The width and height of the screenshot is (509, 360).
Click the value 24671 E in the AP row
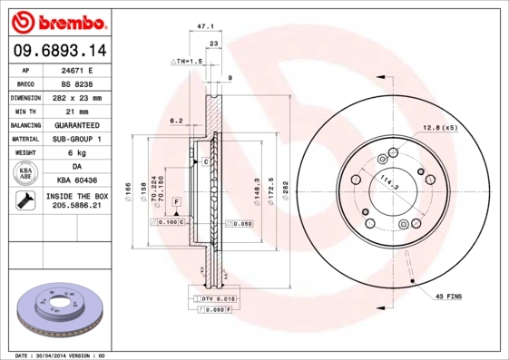click(x=77, y=70)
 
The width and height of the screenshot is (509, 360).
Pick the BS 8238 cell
click(x=77, y=83)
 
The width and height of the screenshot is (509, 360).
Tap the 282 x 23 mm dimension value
click(x=77, y=98)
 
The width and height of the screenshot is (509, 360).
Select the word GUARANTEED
click(x=77, y=125)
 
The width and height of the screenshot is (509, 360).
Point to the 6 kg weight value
click(x=77, y=153)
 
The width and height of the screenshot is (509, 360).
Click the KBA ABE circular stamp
click(x=27, y=174)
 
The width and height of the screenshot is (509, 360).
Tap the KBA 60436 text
click(x=77, y=181)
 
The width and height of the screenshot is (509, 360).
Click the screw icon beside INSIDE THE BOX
click(x=25, y=201)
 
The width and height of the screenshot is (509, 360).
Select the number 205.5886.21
click(x=77, y=208)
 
